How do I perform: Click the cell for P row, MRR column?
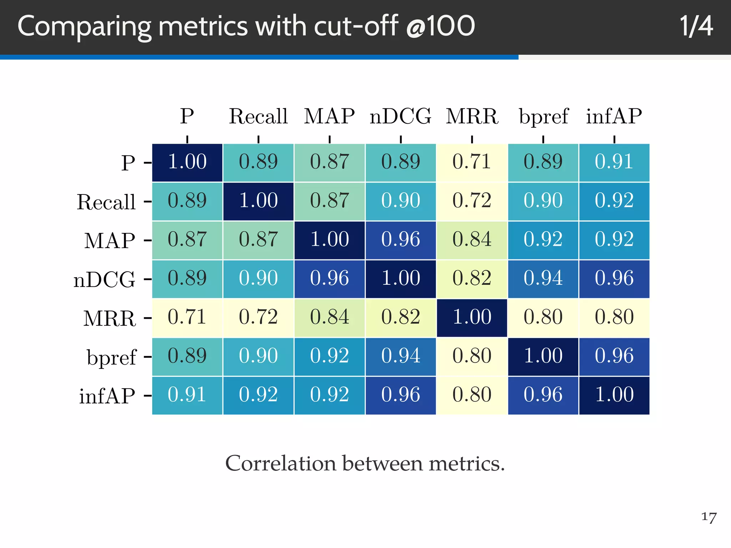[472, 162]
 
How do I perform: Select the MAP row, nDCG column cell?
[400, 240]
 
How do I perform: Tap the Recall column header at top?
[258, 116]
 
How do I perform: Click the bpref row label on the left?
[111, 357]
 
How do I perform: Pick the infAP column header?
[614, 116]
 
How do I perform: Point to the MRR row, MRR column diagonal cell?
[472, 318]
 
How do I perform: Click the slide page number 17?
[709, 517]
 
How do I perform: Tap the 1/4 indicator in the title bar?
[696, 26]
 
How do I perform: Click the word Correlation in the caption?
[281, 463]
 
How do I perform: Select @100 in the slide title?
[440, 26]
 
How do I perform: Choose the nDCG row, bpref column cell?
[543, 279]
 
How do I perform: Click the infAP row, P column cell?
[187, 395]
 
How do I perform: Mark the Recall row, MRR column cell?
[472, 201]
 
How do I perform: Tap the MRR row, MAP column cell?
[329, 318]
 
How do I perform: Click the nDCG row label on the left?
[105, 279]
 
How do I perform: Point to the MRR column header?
[472, 116]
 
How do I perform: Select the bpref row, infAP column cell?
[614, 356]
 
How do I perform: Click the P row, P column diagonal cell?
[187, 162]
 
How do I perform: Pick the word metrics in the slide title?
[203, 26]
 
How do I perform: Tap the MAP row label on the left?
[110, 240]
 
